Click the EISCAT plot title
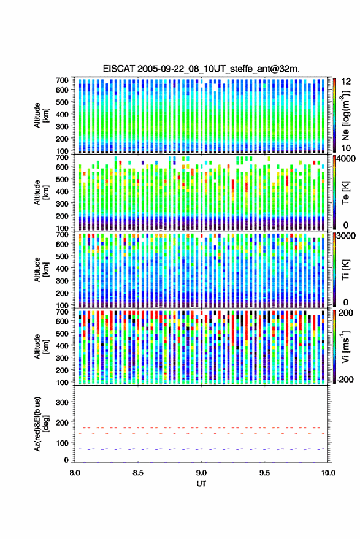tap(201, 69)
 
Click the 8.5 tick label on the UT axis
tap(138, 473)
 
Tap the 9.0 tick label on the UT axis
tap(202, 473)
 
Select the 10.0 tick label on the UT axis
tap(328, 473)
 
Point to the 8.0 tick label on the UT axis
tap(75, 473)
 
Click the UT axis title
tap(202, 484)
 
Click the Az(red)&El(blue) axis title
tap(41, 424)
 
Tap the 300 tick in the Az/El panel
tap(62, 402)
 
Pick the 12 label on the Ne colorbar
tap(346, 82)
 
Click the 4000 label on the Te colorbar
tap(347, 158)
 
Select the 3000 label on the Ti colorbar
tap(347, 235)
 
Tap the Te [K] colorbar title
tap(345, 193)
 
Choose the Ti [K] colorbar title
tap(345, 270)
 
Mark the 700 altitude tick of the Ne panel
tap(62, 80)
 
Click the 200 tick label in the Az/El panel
tap(62, 422)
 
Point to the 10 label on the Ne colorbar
tap(346, 148)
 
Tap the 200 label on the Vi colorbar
tap(346, 313)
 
